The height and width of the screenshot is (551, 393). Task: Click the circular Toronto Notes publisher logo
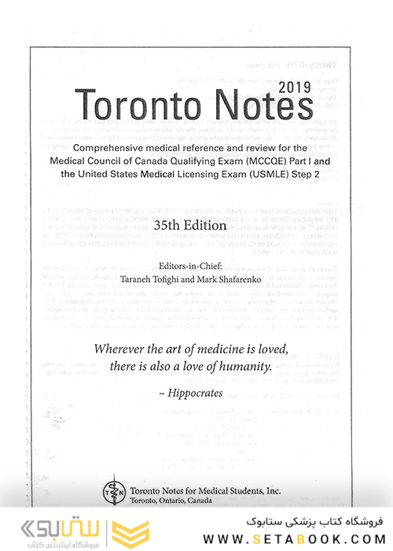click(x=111, y=490)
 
